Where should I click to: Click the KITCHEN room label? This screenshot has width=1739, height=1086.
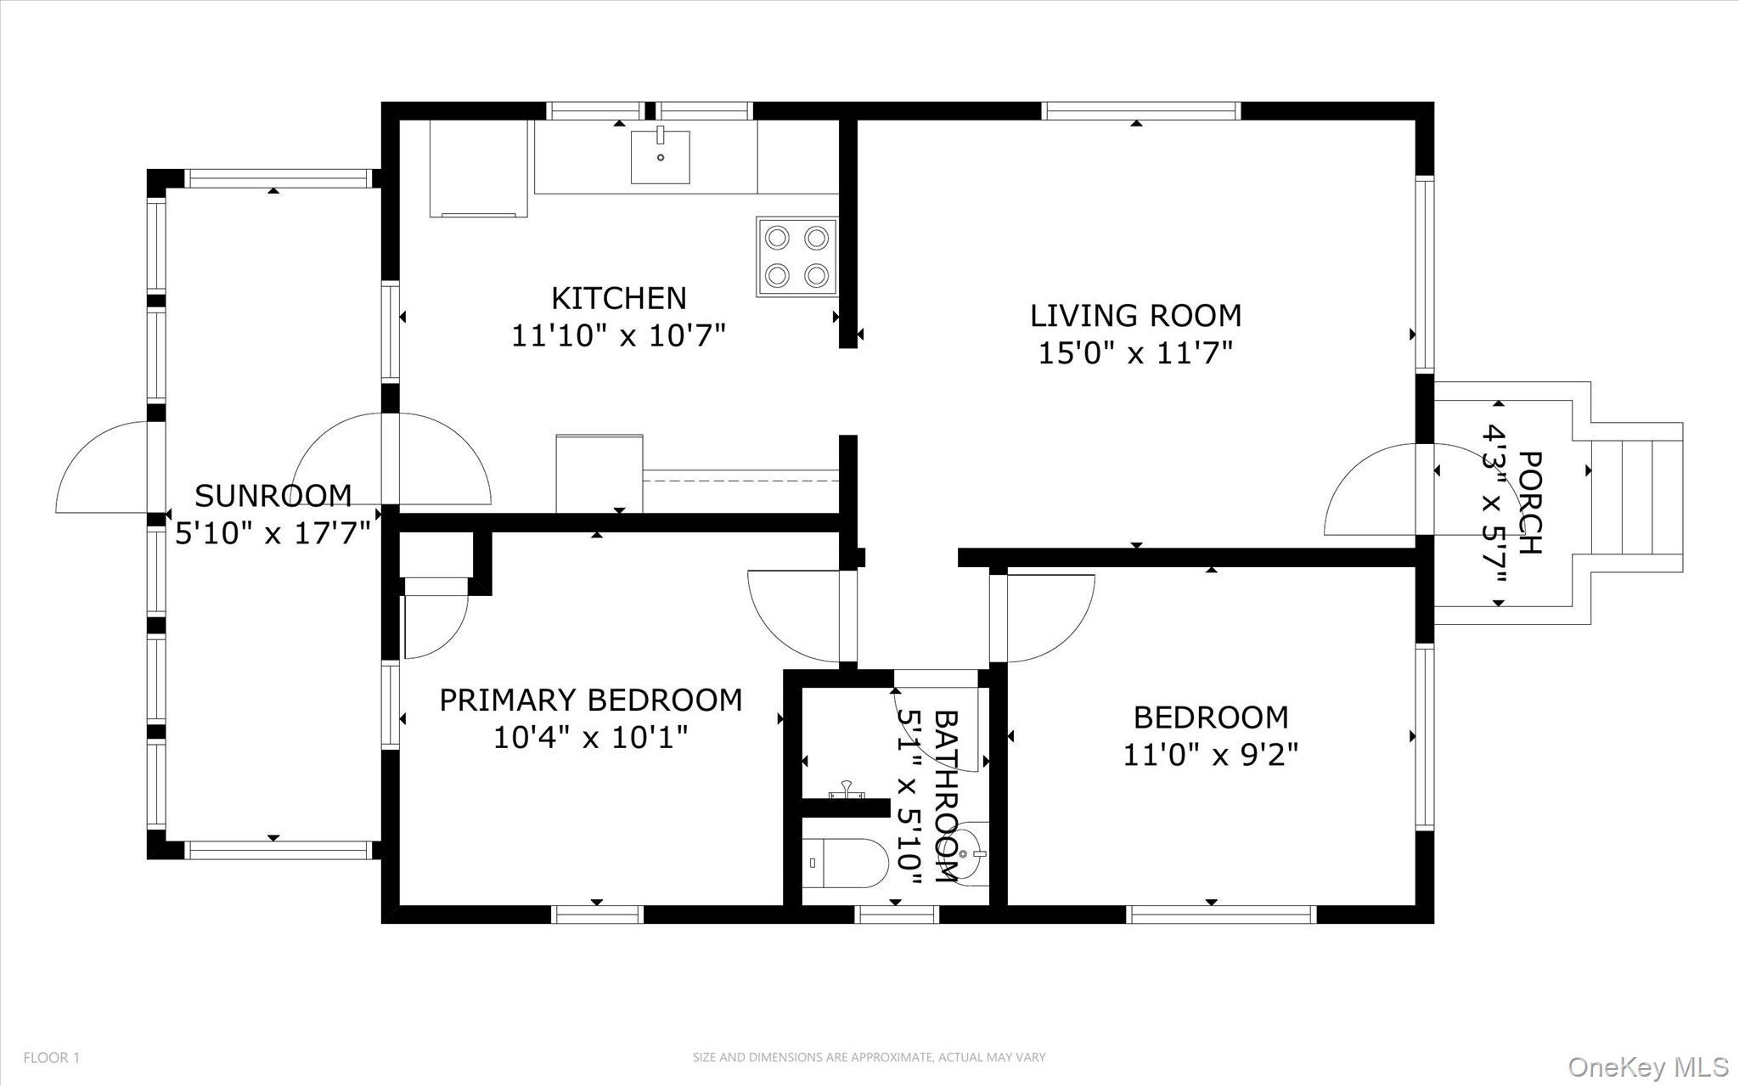tap(618, 298)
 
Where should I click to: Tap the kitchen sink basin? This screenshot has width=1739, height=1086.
tap(660, 156)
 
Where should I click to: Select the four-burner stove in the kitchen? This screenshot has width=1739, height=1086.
tap(796, 256)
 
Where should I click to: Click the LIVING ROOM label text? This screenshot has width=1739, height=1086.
tap(1135, 316)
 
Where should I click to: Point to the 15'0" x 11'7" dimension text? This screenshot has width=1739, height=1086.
tap(1135, 352)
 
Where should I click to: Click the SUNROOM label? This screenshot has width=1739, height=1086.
tap(273, 495)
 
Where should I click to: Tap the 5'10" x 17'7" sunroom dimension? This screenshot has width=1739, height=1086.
tap(273, 533)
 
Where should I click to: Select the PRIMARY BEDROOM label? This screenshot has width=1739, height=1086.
tap(590, 701)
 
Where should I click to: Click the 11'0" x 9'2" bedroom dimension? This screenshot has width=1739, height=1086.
tap(1211, 754)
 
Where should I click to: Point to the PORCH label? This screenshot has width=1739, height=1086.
tap(1528, 503)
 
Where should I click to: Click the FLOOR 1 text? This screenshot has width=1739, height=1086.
tap(51, 1058)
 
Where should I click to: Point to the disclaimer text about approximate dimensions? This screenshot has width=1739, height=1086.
tap(869, 1057)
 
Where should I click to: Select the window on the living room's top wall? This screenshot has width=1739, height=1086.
tap(1140, 110)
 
